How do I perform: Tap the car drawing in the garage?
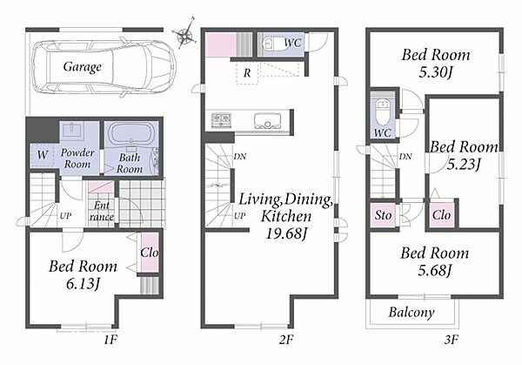[104, 68]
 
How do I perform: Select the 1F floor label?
[110, 340]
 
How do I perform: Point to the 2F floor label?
[286, 340]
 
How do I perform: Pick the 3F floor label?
[451, 340]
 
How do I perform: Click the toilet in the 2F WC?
[272, 43]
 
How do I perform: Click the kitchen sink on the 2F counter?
[267, 121]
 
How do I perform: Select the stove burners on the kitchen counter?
[221, 120]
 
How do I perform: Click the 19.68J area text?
[286, 233]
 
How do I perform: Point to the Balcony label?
[412, 313]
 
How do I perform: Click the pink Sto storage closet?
[383, 215]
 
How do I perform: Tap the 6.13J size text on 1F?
[83, 284]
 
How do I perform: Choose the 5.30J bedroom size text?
[436, 72]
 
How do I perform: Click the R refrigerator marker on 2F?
[247, 72]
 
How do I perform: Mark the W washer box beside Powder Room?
[43, 155]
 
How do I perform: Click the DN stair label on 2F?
[240, 156]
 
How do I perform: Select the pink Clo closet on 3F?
[441, 215]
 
